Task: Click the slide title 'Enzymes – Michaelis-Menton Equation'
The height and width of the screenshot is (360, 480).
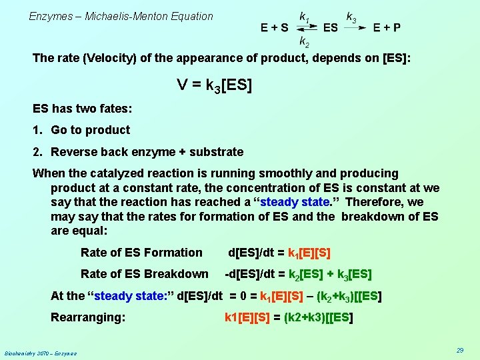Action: [x=121, y=16]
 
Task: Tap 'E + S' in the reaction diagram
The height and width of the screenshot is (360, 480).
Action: [x=275, y=28]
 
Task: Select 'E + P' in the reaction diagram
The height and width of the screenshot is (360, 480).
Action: [x=387, y=28]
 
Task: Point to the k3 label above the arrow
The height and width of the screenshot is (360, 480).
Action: [x=351, y=15]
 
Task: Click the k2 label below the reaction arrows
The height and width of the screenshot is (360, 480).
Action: [x=304, y=42]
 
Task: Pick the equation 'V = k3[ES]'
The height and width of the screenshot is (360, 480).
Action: [x=215, y=85]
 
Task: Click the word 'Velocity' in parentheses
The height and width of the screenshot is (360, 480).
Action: [x=109, y=58]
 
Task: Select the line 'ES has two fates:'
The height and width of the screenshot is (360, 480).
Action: [x=83, y=108]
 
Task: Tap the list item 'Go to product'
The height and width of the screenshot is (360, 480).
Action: [x=90, y=130]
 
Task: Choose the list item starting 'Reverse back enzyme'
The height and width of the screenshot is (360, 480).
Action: [x=147, y=152]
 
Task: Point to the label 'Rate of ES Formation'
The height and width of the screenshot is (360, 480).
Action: [x=141, y=253]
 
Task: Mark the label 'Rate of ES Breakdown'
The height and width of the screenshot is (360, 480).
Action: [x=144, y=274]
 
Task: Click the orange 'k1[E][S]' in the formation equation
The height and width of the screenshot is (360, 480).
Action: [x=309, y=253]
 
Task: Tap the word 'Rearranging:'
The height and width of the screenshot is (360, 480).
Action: [x=88, y=317]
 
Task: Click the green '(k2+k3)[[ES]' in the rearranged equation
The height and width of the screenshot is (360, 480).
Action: [x=318, y=318]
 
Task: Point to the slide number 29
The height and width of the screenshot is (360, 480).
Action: [x=459, y=351]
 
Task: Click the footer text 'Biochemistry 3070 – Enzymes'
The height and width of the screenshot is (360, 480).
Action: [x=40, y=353]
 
